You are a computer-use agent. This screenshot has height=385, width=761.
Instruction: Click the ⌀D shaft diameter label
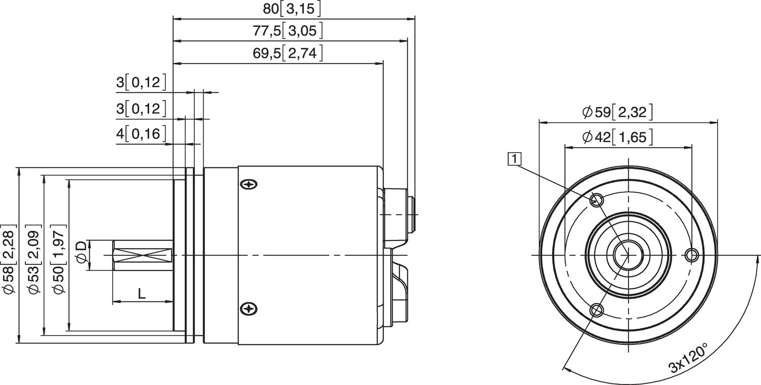(81, 252)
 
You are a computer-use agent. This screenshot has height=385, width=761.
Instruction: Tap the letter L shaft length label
(142, 293)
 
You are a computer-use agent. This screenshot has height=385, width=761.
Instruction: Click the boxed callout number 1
(515, 159)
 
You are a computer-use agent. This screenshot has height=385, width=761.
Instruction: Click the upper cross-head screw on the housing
(249, 185)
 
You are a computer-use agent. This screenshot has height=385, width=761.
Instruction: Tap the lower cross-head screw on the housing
(249, 309)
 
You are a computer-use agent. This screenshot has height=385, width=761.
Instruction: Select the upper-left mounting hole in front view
(597, 199)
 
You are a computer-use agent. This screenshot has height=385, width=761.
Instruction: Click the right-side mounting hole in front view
(691, 255)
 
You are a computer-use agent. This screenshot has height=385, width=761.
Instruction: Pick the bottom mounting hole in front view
(597, 310)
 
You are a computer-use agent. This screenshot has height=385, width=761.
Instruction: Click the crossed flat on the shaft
(142, 255)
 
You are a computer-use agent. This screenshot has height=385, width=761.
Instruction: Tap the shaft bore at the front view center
(628, 255)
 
